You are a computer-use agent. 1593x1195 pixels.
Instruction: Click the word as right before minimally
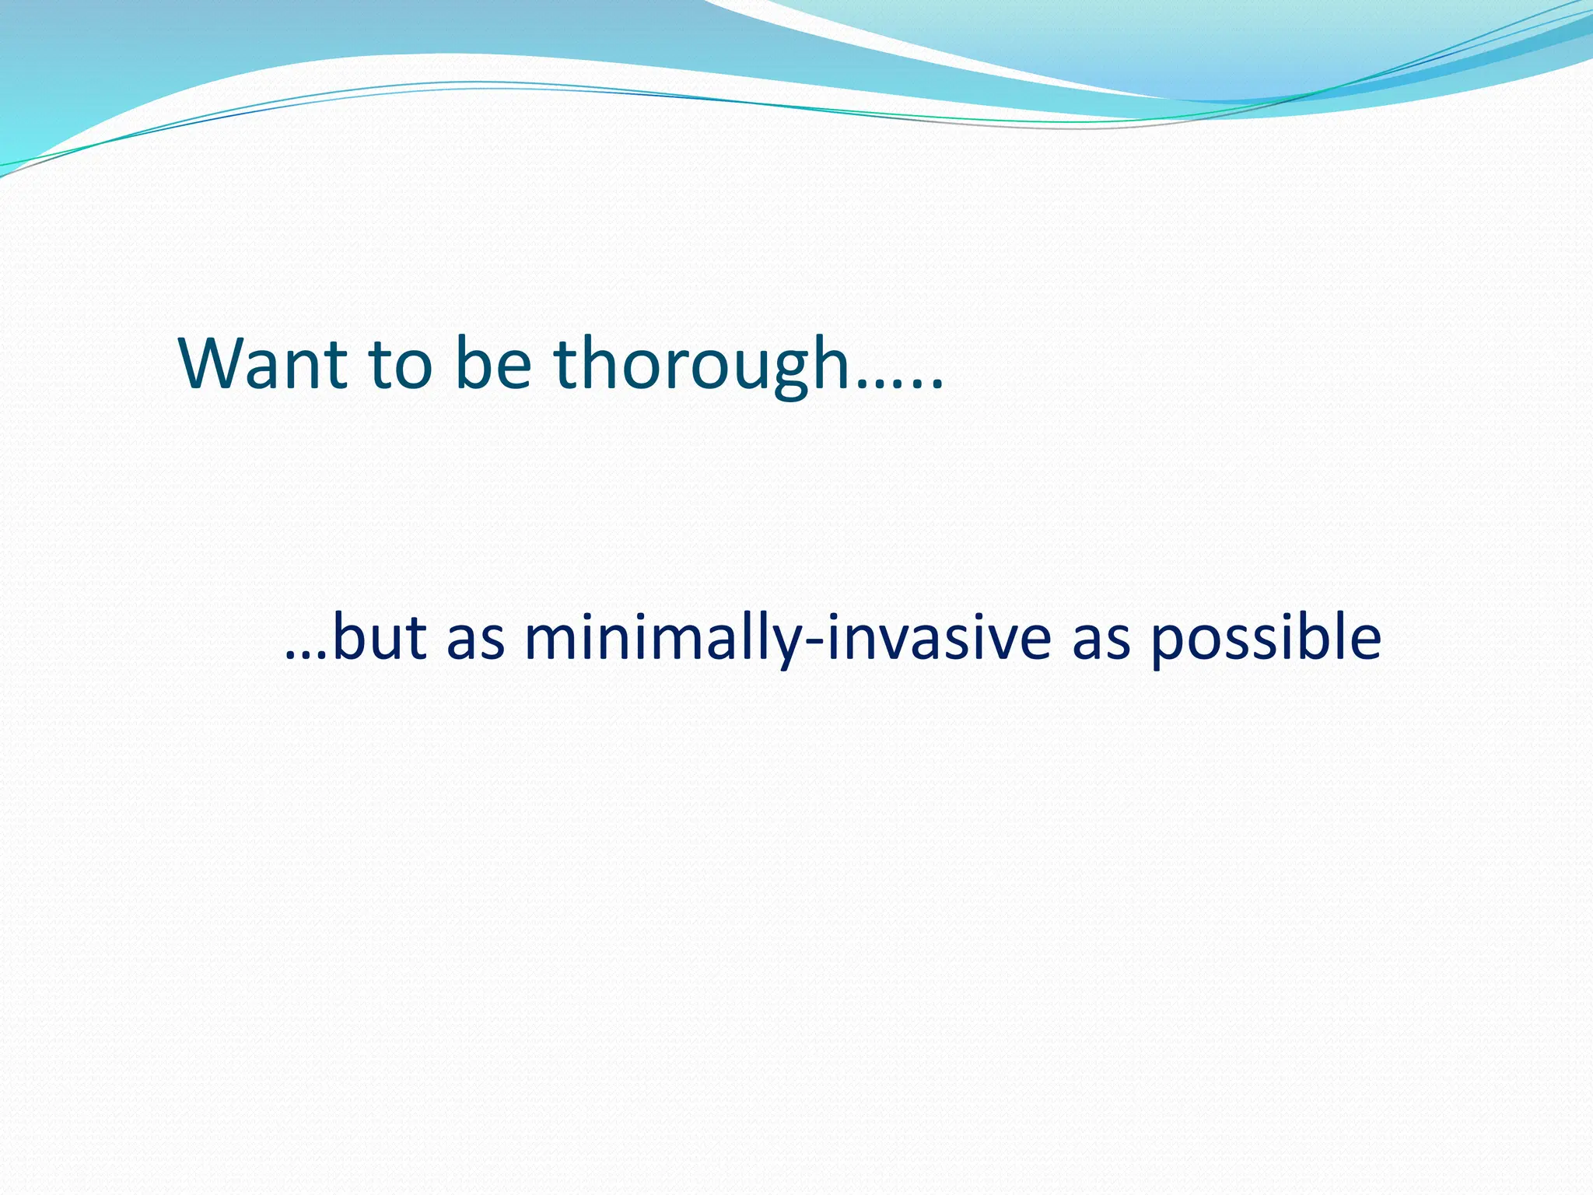tap(476, 643)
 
